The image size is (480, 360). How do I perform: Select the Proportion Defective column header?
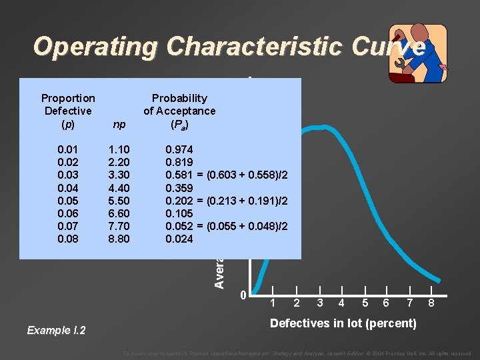click(68, 111)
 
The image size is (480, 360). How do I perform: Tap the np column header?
click(120, 124)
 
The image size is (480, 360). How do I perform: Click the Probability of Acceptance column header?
click(179, 111)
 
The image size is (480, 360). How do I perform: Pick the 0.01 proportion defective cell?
click(67, 150)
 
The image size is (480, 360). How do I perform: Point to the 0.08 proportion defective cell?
click(67, 239)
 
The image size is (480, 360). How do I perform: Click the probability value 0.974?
click(179, 150)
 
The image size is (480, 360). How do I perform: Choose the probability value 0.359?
click(179, 188)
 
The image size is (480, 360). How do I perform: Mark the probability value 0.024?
click(179, 239)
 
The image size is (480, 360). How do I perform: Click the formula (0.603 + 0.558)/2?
click(248, 175)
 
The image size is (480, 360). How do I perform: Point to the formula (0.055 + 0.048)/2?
click(248, 226)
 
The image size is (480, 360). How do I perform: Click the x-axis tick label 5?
click(364, 303)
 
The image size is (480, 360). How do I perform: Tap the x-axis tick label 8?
click(432, 303)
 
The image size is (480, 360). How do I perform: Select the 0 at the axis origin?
click(243, 295)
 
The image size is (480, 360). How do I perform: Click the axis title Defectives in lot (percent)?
click(343, 324)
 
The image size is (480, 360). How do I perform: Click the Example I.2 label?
click(56, 331)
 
